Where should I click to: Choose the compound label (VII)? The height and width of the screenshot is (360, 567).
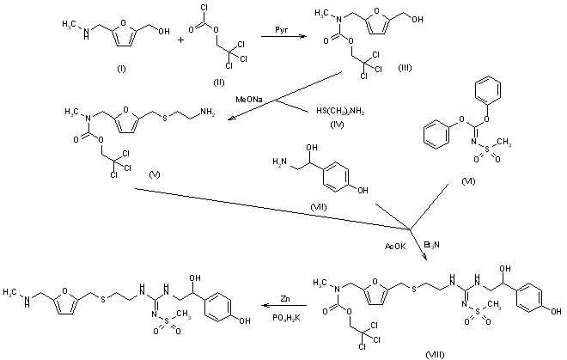coord(325,207)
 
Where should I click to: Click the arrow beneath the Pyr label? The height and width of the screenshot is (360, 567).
coord(271,50)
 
